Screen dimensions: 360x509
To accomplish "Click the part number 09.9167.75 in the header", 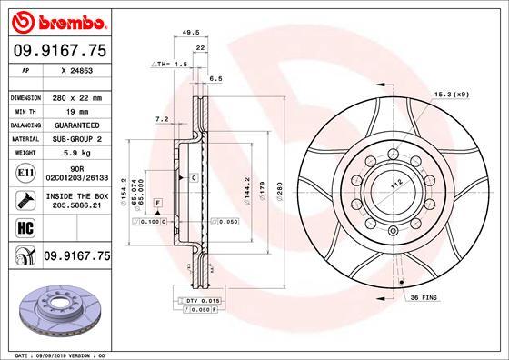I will (x=58, y=52).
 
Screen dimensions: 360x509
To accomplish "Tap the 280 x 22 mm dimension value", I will (x=76, y=96).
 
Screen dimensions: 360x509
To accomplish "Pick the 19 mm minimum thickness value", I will (x=76, y=110).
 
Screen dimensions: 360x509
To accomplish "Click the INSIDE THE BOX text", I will (x=76, y=196).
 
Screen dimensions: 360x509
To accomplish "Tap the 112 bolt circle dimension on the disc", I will (x=395, y=184).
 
